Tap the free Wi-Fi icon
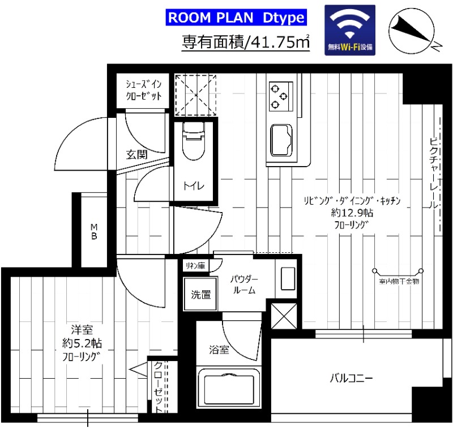click(349, 30)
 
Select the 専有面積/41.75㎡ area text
click(245, 42)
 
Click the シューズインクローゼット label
click(143, 90)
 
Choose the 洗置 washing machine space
click(200, 294)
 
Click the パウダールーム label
click(244, 285)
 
